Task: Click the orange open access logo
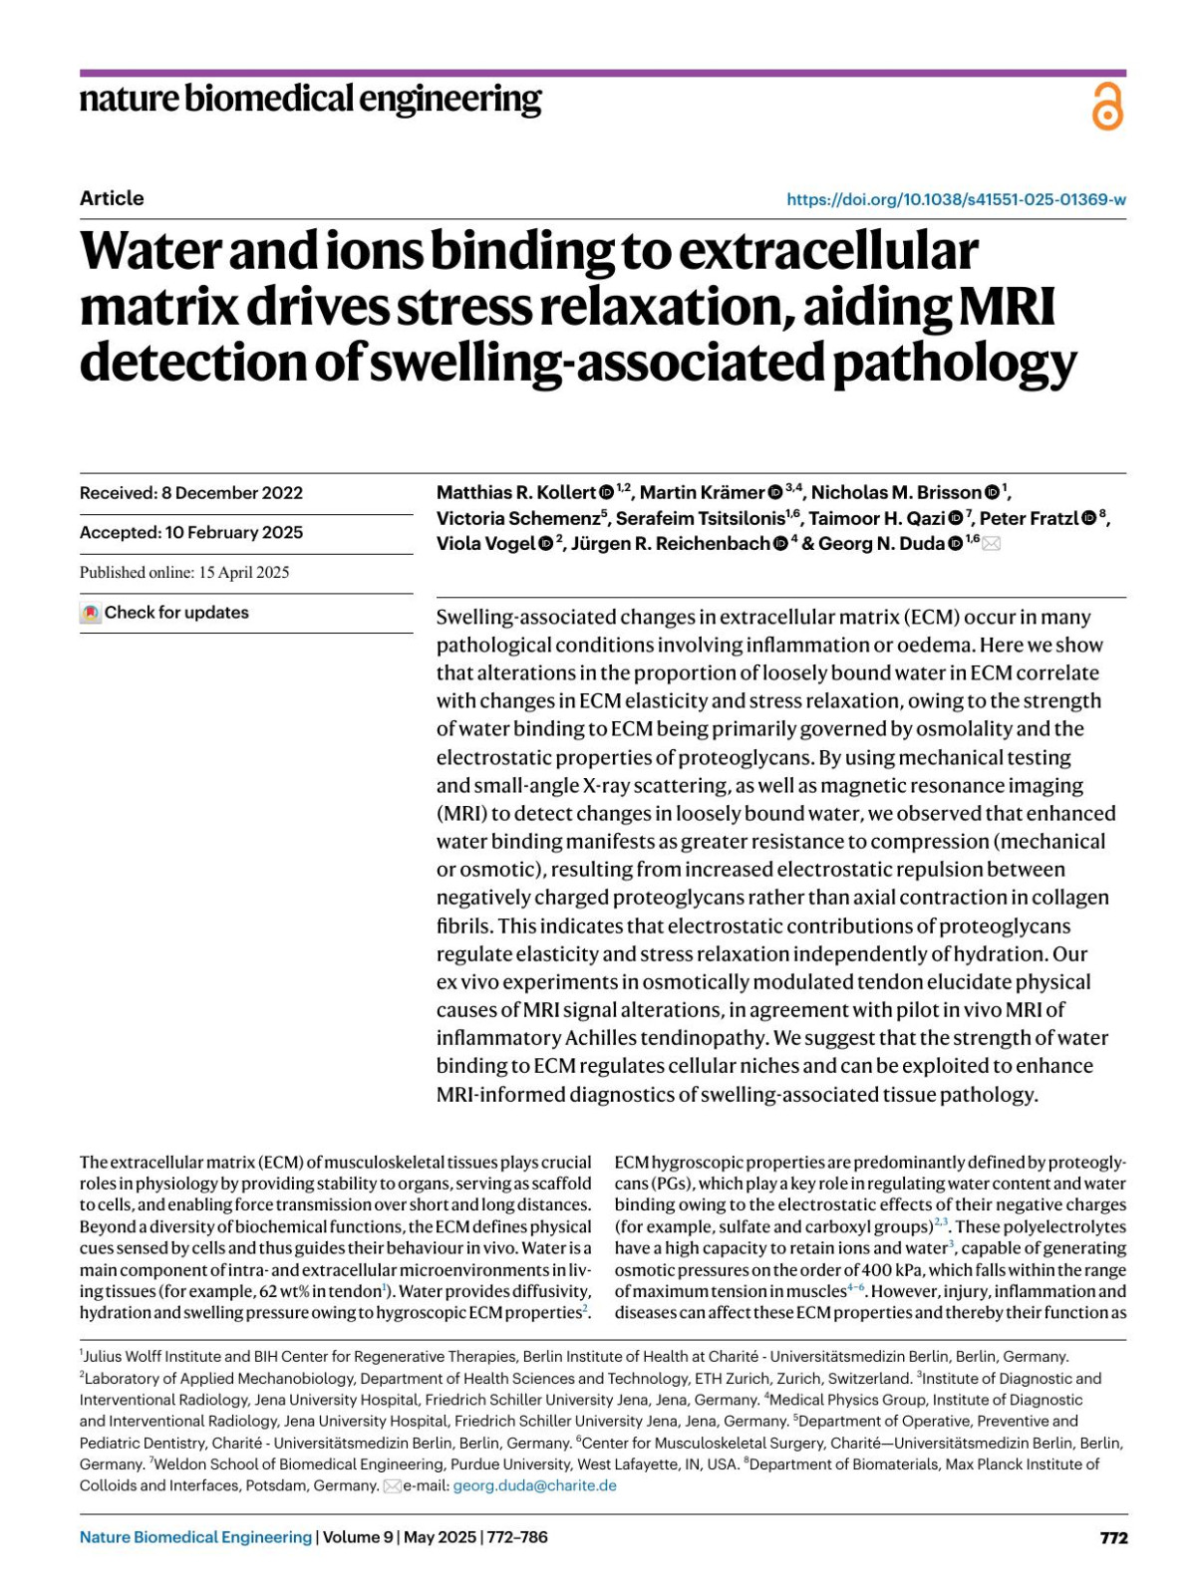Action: (1106, 107)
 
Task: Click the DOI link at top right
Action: (956, 199)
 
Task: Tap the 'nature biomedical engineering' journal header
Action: (310, 100)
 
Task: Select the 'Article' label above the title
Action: (112, 198)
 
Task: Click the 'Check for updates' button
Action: (164, 613)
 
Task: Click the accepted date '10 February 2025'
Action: (234, 533)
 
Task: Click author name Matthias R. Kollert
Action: (515, 492)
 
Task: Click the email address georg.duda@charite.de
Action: (534, 1485)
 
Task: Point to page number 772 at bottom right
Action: (1113, 1538)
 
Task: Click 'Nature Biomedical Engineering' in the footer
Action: (195, 1537)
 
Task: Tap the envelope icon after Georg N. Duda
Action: (992, 544)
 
